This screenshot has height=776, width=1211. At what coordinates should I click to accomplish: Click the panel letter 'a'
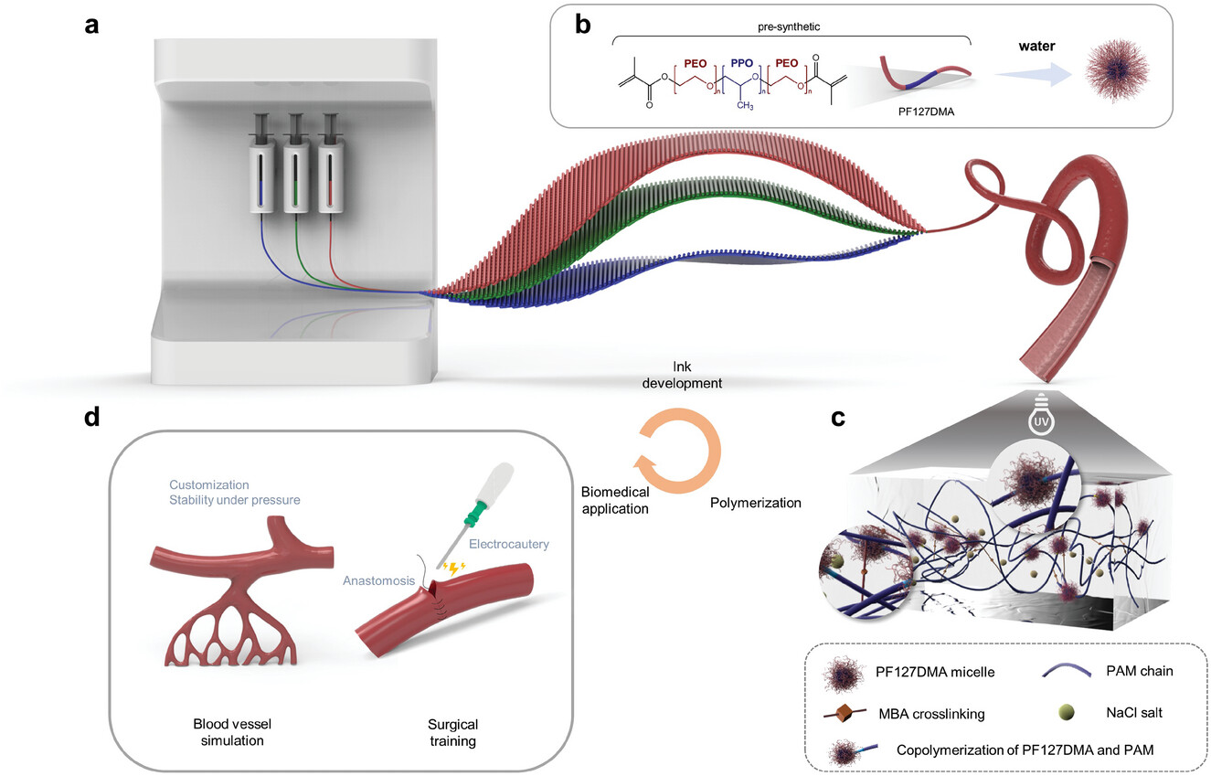[92, 26]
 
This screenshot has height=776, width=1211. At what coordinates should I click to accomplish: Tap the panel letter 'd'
[92, 417]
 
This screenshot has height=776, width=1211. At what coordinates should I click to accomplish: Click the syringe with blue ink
[261, 164]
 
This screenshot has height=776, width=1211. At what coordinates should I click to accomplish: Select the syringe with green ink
[296, 164]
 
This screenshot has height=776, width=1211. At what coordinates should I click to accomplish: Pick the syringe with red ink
[330, 164]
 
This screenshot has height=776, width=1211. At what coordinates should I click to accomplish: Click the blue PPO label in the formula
[742, 63]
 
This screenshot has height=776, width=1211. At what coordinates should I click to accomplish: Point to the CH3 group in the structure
[745, 105]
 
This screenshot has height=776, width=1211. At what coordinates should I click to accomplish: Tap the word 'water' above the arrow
[1036, 46]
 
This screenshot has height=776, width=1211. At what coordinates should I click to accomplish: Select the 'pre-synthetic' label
[788, 27]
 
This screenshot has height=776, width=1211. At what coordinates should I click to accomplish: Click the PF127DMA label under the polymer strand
[926, 112]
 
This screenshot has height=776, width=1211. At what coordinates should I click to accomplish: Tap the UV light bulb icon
[1041, 415]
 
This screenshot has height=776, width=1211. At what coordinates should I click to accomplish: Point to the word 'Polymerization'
[755, 503]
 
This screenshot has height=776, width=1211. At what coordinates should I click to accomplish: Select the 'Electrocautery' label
[509, 544]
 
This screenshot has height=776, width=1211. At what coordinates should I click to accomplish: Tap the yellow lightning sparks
[453, 568]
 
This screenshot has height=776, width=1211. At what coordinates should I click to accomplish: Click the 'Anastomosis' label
[378, 580]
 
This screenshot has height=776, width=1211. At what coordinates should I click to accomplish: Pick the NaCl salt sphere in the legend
[1066, 712]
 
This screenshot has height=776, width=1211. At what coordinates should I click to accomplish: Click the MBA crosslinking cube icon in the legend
[844, 714]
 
